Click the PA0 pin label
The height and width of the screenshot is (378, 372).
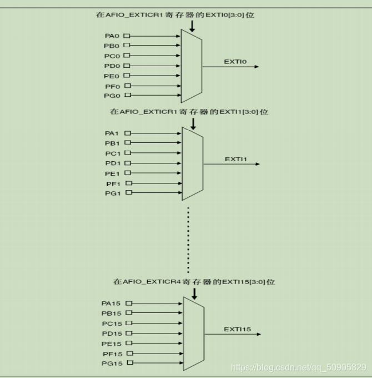tap(112, 36)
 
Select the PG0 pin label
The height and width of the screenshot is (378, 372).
tap(112, 96)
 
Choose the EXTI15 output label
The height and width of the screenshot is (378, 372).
tap(238, 329)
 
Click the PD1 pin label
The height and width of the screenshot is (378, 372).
tap(113, 163)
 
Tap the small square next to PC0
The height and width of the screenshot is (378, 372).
tap(128, 56)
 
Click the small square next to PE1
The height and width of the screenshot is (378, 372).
tap(128, 173)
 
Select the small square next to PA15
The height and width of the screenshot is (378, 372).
tap(129, 304)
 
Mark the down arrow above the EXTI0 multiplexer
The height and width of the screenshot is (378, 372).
tap(192, 26)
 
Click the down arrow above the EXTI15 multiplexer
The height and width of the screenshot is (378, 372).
tap(194, 293)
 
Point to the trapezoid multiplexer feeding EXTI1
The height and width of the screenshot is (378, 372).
tap(193, 163)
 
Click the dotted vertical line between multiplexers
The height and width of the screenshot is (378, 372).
tap(189, 239)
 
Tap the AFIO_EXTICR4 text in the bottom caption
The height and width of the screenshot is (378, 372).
tap(151, 282)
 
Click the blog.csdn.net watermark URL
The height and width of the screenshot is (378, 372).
tap(298, 367)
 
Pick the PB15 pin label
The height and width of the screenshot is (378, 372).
tap(111, 314)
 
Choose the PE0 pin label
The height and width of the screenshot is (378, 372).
tap(112, 76)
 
